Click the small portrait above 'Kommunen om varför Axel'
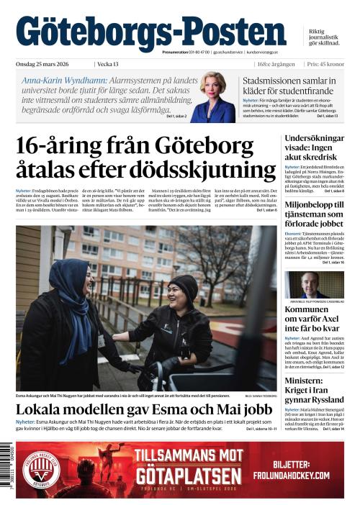pyautogui.click(x=314, y=285)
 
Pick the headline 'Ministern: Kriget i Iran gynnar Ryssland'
pyautogui.click(x=315, y=389)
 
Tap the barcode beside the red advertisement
pyautogui.click(x=9, y=468)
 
